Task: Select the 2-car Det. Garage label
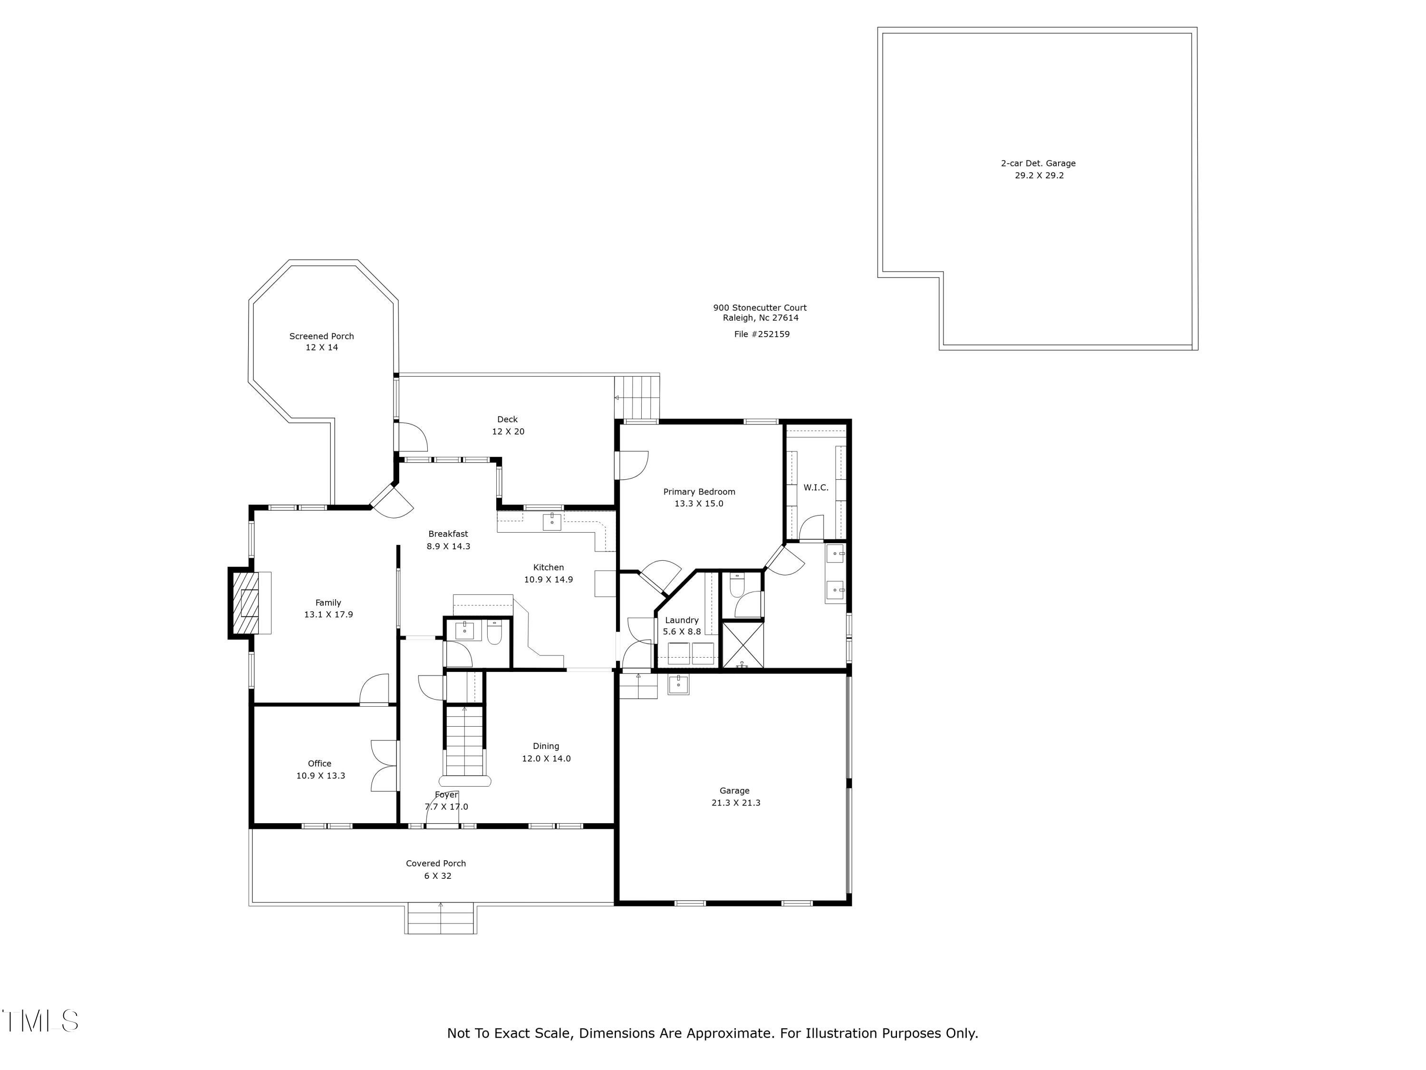tap(1038, 163)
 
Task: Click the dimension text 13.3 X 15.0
tap(699, 504)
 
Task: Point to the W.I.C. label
tap(816, 487)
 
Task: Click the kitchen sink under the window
tap(552, 521)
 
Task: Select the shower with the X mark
tap(742, 644)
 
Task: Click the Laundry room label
tap(682, 620)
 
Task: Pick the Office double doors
tap(385, 766)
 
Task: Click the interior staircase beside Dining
tap(464, 742)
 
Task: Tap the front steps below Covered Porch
tap(441, 918)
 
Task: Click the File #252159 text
tap(761, 334)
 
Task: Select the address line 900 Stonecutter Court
tap(760, 308)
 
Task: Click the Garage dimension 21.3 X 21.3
tap(735, 803)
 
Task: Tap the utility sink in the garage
tap(678, 684)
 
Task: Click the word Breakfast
tap(448, 534)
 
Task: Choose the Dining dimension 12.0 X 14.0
tap(546, 759)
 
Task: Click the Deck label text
tap(507, 419)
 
